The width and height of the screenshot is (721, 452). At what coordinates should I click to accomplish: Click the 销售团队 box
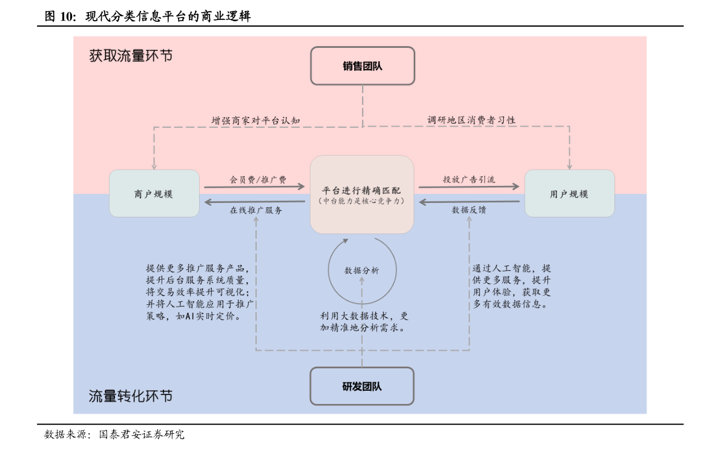point(362,66)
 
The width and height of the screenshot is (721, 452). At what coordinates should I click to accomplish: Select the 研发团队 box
point(362,386)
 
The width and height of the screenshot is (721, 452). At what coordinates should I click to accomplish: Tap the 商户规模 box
point(154,194)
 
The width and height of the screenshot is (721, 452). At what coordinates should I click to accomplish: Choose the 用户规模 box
point(569,194)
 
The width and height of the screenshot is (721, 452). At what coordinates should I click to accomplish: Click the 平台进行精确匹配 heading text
point(361,190)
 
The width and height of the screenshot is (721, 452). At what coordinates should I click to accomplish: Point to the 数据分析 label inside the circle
point(362,271)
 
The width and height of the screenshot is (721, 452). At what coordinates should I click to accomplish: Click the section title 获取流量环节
point(131,56)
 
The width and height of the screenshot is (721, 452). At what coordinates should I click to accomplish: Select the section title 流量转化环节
point(131,396)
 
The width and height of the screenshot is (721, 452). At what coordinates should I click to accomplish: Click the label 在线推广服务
point(255,210)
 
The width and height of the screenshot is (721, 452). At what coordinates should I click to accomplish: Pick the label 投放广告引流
point(469,179)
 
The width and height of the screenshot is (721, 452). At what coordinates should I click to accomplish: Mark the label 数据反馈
point(469,210)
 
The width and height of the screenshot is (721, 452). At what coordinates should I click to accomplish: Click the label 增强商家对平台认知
point(255,121)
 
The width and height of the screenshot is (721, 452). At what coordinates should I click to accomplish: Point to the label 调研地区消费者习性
point(472,120)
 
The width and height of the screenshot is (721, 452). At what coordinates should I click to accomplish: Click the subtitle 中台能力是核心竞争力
point(361,201)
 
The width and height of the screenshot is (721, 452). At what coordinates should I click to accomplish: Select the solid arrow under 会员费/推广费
point(254,187)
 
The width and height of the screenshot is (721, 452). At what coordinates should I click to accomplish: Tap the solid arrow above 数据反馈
point(469,202)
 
